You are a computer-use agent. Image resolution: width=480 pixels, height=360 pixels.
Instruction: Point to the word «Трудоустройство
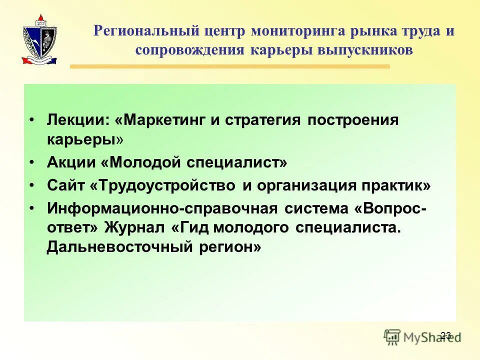point(163,185)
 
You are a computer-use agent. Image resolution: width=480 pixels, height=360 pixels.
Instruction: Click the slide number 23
point(446,335)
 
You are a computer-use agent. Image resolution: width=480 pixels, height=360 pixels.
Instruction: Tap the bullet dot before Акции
point(32,163)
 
